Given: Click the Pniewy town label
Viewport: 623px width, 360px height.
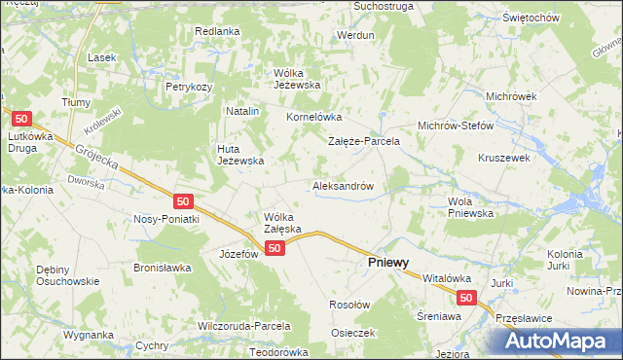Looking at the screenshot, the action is point(386,263).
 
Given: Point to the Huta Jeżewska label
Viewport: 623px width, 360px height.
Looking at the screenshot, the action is point(240,155).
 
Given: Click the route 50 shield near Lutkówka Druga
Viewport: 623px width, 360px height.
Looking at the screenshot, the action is point(24,119).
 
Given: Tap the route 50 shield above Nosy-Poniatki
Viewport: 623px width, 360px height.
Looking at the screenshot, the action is point(184,201).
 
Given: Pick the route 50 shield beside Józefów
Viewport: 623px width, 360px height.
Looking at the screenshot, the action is point(275,249).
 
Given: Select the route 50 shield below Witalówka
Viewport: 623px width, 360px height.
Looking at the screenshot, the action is point(466,300).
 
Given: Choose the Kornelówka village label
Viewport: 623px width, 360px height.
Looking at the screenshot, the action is point(310,117).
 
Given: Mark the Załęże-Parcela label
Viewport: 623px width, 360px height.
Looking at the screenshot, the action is point(363,141).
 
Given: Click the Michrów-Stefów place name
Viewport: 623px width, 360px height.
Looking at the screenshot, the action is point(456,126).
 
